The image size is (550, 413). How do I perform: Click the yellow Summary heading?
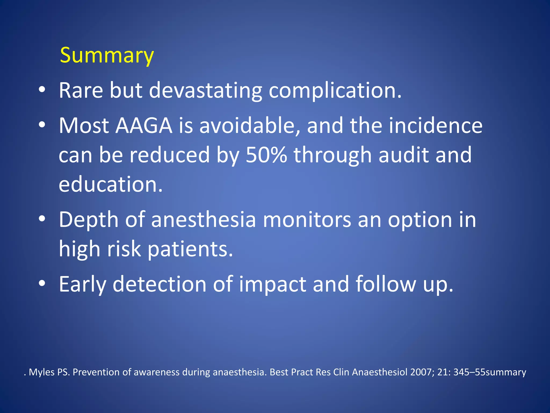(107, 55)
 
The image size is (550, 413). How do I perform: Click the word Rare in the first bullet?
(81, 90)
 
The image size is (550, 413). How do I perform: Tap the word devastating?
(205, 90)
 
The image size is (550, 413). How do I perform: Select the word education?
(110, 184)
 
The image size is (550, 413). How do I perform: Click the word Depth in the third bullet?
(89, 220)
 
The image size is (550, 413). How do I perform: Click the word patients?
(190, 249)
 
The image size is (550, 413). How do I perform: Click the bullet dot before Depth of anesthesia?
(42, 219)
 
